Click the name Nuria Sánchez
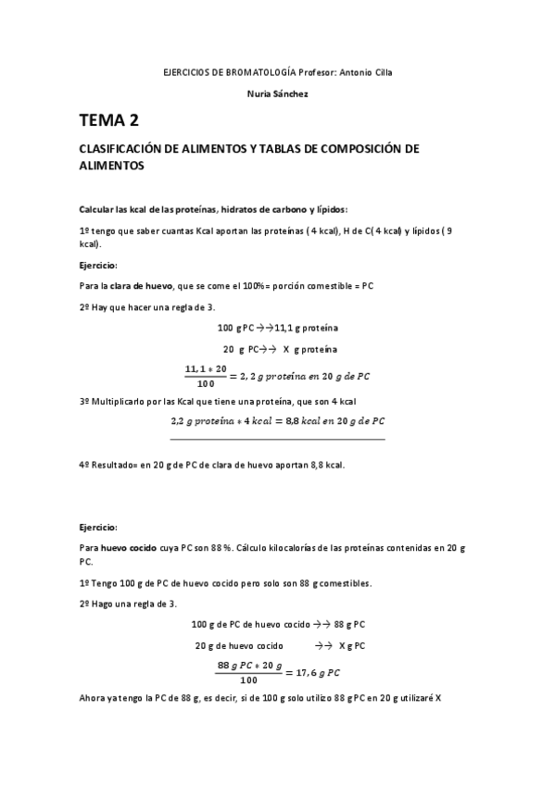click(x=278, y=94)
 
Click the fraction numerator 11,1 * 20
click(x=207, y=368)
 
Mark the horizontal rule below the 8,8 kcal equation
click(x=277, y=439)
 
